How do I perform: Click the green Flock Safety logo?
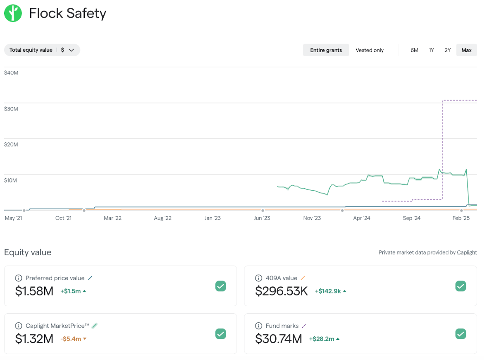[x=13, y=13]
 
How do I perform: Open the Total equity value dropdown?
[x=42, y=50]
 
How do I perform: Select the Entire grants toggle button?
[x=326, y=50]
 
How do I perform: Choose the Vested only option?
[x=370, y=50]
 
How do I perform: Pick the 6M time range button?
[x=414, y=50]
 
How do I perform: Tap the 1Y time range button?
[x=431, y=50]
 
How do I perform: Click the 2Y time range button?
[x=447, y=50]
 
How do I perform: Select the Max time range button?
[x=466, y=50]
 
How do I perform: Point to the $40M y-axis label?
[x=11, y=73]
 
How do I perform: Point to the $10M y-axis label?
[x=11, y=180]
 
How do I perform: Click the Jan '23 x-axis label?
[x=212, y=218]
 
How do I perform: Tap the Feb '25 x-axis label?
[x=461, y=218]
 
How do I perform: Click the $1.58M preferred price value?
[x=34, y=291]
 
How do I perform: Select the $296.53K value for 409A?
[x=282, y=291]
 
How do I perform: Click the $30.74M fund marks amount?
[x=279, y=339]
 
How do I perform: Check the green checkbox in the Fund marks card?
[x=461, y=334]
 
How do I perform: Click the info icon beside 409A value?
[x=259, y=278]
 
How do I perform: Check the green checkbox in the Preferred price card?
[x=221, y=286]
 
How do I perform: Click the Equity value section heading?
[x=28, y=252]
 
